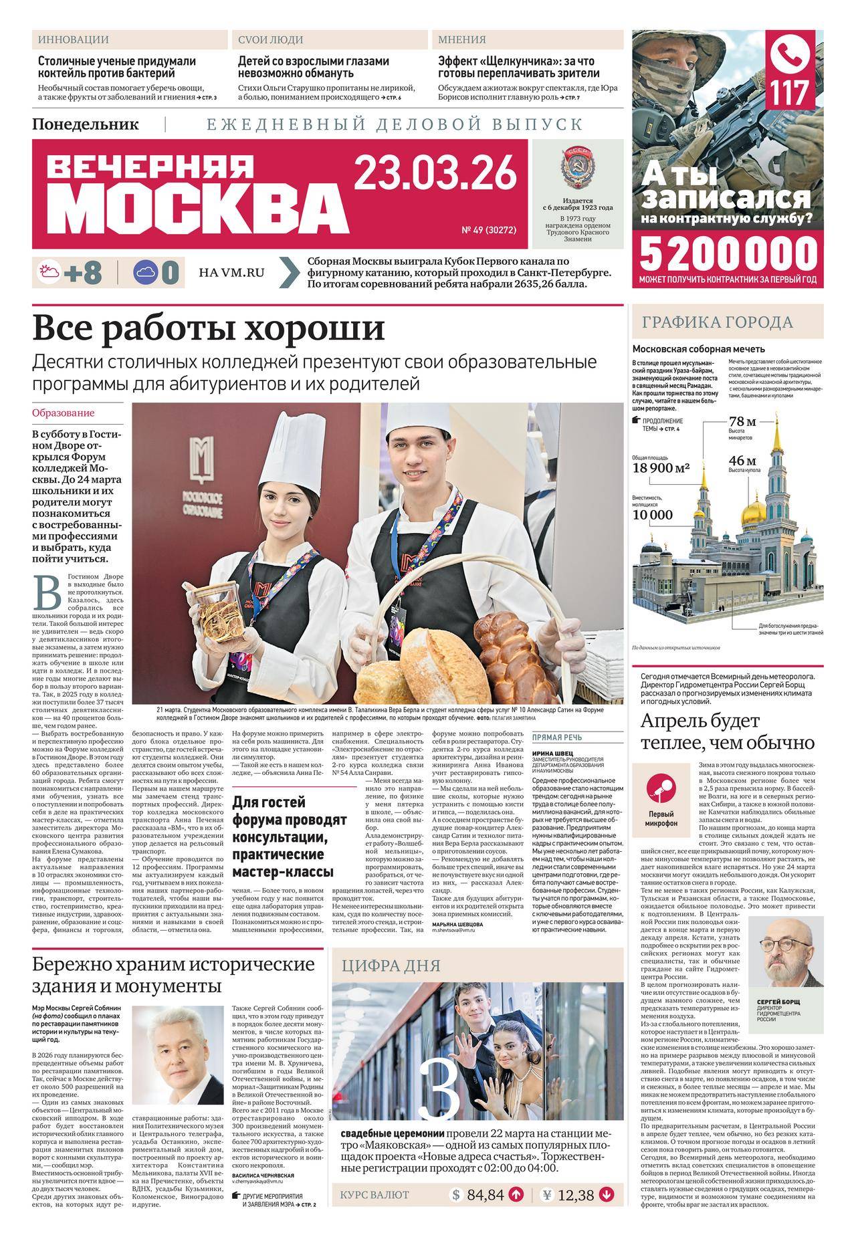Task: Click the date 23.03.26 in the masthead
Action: [435, 172]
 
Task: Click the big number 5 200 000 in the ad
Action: [729, 254]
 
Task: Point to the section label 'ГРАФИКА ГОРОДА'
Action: [718, 322]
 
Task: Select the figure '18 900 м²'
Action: [661, 468]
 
